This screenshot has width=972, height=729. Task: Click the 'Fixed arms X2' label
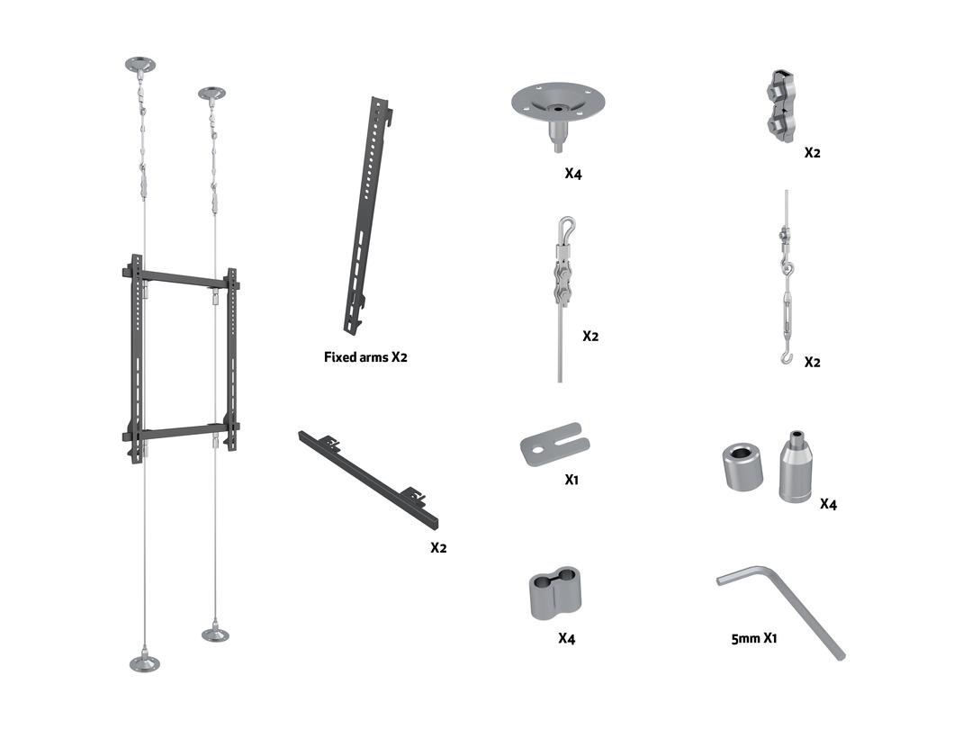pos(365,357)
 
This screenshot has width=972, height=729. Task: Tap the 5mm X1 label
pos(754,638)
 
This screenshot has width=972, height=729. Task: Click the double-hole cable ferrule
pos(555,592)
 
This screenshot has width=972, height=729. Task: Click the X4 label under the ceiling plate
pos(573,174)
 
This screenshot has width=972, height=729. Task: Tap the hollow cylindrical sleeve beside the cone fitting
pos(742,466)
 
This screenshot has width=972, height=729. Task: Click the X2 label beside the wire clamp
pos(812,152)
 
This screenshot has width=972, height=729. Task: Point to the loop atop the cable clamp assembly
pos(566,226)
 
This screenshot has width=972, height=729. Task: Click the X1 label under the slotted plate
pos(571,479)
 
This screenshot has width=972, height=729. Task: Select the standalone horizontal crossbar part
pos(368,479)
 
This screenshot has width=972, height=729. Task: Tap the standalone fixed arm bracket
pos(368,216)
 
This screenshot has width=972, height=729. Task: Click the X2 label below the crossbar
pos(438,547)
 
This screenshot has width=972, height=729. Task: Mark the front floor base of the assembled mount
pos(144,662)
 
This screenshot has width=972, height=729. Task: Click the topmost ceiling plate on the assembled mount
pos(140,65)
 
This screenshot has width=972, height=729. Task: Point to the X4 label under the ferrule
pos(567,638)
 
